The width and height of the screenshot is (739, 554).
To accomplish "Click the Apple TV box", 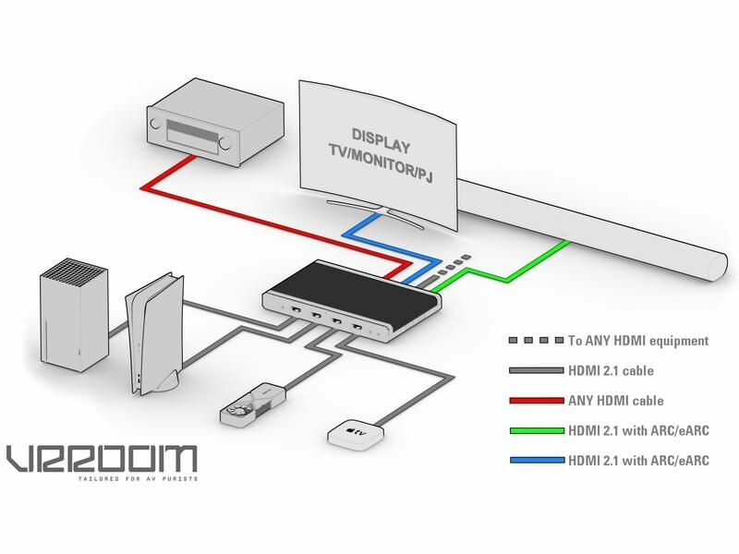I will point(352,436).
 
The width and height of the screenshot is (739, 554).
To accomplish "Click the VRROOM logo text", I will point(101,458).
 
